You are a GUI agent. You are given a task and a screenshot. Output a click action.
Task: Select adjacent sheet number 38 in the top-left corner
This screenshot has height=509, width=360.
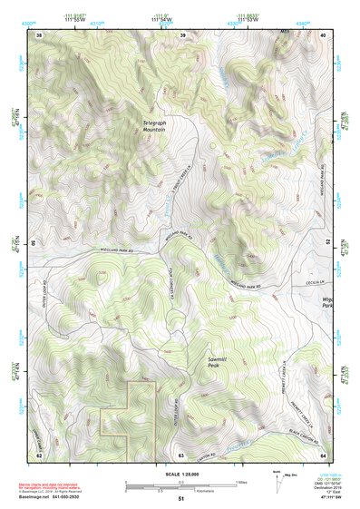[39, 35]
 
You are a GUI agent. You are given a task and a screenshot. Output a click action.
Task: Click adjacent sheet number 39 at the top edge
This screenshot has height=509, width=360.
[182, 35]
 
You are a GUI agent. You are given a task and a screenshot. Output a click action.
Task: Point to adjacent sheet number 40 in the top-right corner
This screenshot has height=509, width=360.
[324, 35]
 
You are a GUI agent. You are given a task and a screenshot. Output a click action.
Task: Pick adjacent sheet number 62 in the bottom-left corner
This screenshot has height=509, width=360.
[39, 453]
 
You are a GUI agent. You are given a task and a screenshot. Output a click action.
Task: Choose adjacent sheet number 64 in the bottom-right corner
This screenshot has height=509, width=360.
[323, 453]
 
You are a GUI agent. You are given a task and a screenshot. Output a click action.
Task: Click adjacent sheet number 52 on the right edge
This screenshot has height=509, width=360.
[327, 243]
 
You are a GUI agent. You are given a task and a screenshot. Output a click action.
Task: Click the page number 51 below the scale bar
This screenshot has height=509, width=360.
[181, 499]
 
